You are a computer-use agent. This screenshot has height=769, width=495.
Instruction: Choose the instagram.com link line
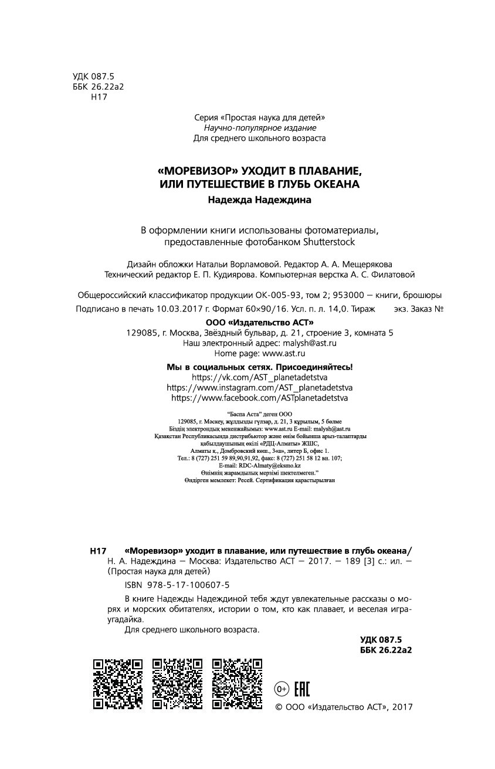click(260, 387)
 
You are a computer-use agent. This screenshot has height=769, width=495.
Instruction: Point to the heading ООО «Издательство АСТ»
click(260, 322)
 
